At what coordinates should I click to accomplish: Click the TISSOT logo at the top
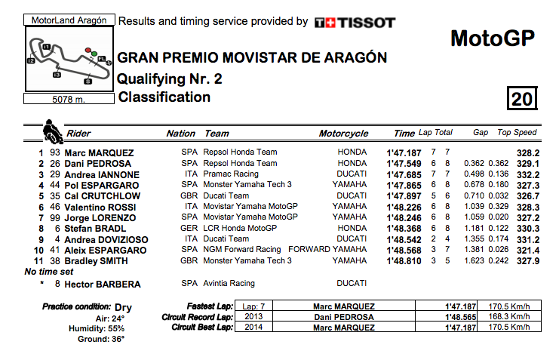354,23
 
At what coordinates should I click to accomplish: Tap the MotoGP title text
492,39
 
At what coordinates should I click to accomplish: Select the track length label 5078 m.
68,99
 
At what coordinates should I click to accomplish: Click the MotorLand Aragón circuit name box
69,20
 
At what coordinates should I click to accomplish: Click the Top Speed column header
517,133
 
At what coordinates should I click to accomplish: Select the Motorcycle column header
343,134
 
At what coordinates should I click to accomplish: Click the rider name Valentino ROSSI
100,207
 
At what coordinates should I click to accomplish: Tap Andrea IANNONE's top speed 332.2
525,174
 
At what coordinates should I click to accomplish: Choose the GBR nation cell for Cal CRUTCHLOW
189,196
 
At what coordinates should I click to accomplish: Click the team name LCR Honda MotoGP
238,229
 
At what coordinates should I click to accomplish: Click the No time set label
49,272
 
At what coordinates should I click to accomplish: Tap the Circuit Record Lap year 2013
254,318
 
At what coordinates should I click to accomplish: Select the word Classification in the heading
164,97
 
